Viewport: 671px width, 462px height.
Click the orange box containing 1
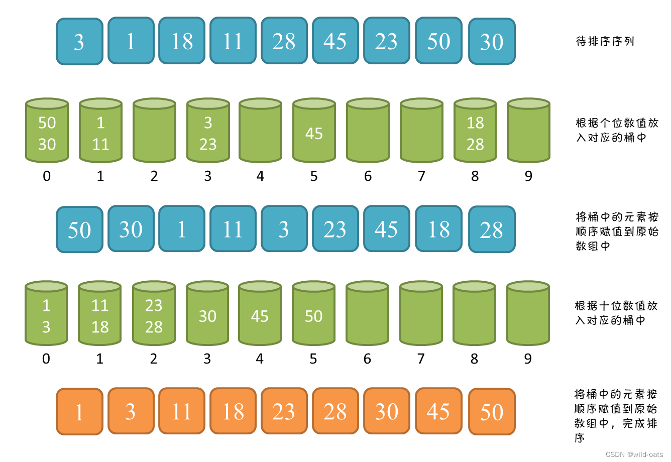pos(79,411)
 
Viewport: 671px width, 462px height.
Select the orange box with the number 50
pos(492,411)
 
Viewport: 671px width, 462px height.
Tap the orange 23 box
pos(284,411)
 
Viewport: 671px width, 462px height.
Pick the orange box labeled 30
pos(387,411)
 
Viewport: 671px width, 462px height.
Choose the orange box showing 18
pos(233,411)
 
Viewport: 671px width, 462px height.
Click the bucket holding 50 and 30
pos(47,132)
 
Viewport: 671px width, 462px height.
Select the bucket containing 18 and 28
pos(475,132)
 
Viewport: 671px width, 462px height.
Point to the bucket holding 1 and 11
pos(100,132)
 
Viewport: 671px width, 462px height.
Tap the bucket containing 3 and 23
pos(208,132)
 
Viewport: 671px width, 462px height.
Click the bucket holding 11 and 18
pos(100,314)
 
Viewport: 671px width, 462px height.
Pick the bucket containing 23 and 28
pos(154,314)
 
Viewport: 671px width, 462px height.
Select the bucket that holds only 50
pos(313,314)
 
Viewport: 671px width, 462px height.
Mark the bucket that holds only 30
pos(207,314)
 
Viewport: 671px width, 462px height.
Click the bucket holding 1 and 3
pos(46,314)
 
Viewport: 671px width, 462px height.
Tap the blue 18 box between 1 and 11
pos(182,41)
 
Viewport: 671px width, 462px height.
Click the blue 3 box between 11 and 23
pos(284,229)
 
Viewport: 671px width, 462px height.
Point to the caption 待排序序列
pos(605,41)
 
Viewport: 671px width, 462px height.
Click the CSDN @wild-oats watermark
pos(634,454)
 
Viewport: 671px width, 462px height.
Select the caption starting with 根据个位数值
pos(617,130)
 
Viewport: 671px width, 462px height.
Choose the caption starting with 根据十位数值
pos(616,313)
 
